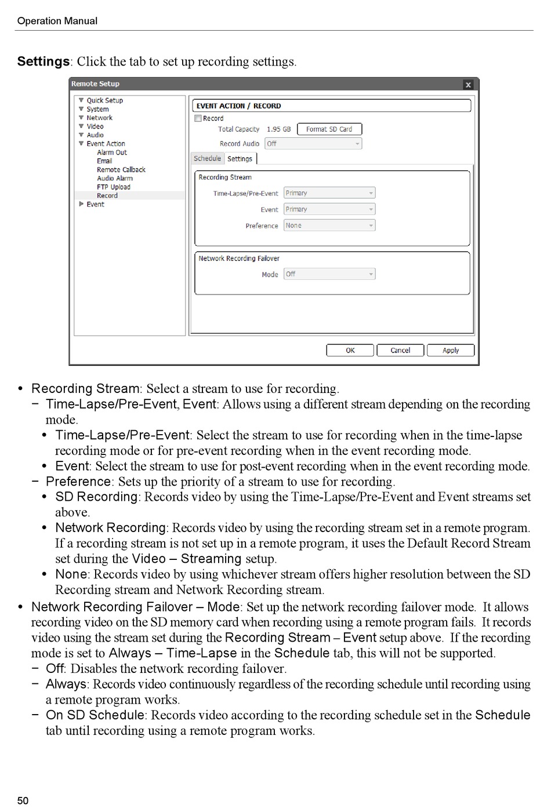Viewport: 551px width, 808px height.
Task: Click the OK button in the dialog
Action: pyautogui.click(x=350, y=350)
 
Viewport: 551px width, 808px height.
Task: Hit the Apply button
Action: pyautogui.click(x=450, y=350)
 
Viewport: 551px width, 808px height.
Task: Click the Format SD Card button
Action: pyautogui.click(x=329, y=129)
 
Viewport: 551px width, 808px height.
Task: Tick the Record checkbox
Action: pyautogui.click(x=198, y=118)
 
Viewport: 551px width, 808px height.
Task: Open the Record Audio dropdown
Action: pyautogui.click(x=313, y=144)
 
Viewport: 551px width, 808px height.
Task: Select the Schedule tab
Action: pyautogui.click(x=207, y=158)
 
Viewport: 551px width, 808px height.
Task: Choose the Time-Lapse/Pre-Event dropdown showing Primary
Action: pyautogui.click(x=329, y=193)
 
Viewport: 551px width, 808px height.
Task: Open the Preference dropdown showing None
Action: pyautogui.click(x=329, y=225)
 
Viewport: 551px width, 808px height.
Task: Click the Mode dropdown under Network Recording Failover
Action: pyautogui.click(x=329, y=274)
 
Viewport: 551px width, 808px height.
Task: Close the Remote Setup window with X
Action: pyautogui.click(x=468, y=85)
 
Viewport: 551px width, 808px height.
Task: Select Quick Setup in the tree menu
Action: pyautogui.click(x=104, y=100)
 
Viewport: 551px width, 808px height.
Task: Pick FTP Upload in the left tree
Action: pyautogui.click(x=113, y=187)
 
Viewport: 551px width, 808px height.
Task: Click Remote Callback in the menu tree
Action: pyautogui.click(x=121, y=170)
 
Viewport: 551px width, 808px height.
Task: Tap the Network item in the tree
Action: pyautogui.click(x=99, y=118)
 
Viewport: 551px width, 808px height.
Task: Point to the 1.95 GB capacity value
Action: pyautogui.click(x=278, y=129)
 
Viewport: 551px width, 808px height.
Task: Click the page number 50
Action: pyautogui.click(x=23, y=800)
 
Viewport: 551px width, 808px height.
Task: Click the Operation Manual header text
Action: pyautogui.click(x=57, y=21)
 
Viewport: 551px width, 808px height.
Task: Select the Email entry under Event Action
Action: pyautogui.click(x=104, y=161)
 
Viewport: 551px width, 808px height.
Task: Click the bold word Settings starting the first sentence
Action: pyautogui.click(x=43, y=61)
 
